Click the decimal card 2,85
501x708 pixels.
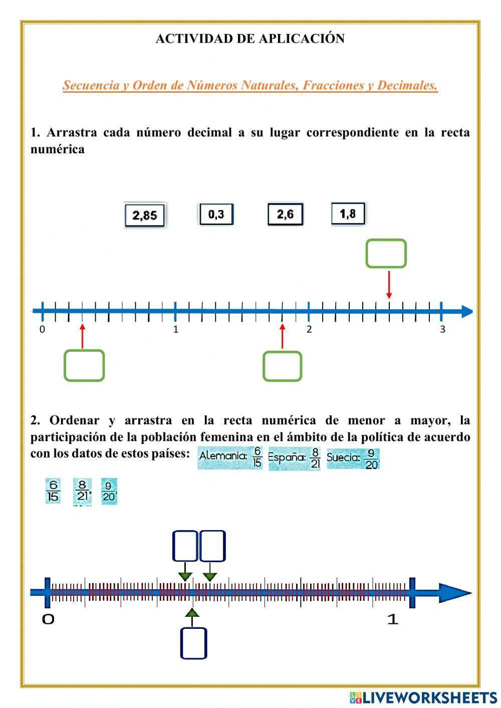[x=144, y=215]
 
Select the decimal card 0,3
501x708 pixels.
[x=216, y=214]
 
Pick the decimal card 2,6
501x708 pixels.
[x=285, y=214]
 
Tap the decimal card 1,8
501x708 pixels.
[x=348, y=214]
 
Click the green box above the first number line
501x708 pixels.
[x=386, y=254]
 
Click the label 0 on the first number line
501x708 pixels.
[x=42, y=329]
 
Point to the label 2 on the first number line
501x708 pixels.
[x=309, y=329]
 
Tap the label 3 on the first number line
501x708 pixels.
[x=442, y=329]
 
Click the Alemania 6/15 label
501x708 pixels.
[x=230, y=457]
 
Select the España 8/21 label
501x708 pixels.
[x=294, y=458]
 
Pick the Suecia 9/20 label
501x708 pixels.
[x=353, y=458]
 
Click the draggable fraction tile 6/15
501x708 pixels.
[x=53, y=491]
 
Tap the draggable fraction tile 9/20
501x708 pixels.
[x=109, y=492]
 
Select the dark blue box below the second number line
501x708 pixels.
[x=193, y=643]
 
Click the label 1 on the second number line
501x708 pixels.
[x=393, y=619]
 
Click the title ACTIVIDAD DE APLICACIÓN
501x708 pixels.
[x=250, y=39]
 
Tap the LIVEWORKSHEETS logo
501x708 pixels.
[x=423, y=697]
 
